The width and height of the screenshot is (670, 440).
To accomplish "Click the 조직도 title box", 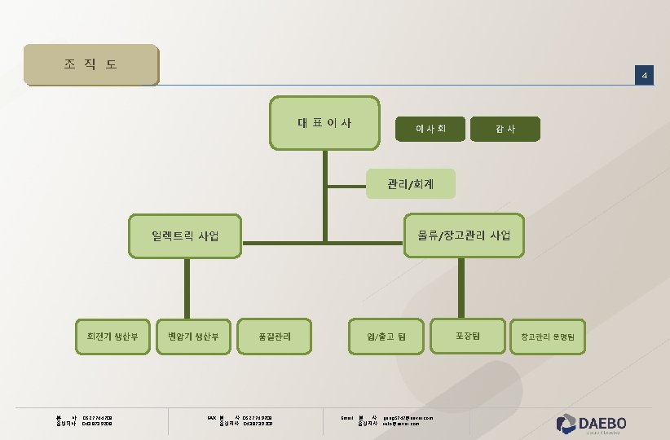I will point(90,64).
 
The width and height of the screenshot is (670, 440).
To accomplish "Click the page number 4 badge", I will point(644,76).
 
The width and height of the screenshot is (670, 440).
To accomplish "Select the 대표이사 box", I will point(324,123).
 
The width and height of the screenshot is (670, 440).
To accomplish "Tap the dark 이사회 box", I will point(430,128).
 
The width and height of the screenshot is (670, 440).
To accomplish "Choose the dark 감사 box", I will point(505,128).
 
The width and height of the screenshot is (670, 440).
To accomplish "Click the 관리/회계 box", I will point(410,184).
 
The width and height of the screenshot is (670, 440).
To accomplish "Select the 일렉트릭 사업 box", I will point(186,236).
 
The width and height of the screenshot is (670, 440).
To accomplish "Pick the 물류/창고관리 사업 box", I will point(464,235).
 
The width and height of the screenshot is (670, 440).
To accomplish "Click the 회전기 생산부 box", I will point(112,336).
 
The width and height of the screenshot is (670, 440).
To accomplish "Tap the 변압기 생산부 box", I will point(193,336).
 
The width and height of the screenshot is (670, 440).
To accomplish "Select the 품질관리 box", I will point(274,336).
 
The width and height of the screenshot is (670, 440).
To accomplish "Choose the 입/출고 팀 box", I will point(386,336).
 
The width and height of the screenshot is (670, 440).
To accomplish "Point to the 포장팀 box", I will point(467,335).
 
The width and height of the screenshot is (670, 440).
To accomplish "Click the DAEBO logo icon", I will point(566,423).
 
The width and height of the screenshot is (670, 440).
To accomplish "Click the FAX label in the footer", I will point(211,418).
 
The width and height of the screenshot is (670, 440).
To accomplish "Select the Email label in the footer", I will point(346,418).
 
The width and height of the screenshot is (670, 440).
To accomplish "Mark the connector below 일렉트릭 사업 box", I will point(187,286).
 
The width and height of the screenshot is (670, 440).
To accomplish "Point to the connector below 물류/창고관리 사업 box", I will point(464,286).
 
